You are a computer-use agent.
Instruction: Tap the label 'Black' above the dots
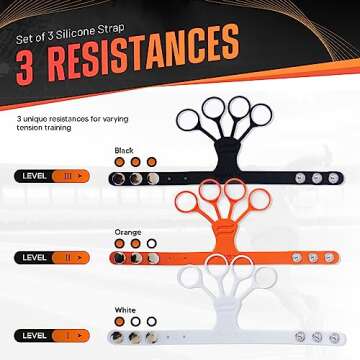coord(124,149)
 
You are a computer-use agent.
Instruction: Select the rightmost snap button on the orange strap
coord(333,257)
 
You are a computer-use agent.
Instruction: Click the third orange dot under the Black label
coord(151,161)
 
